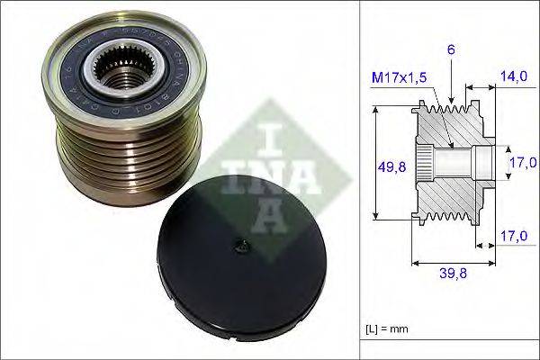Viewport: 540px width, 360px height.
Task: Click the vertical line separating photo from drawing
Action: coord(360,180)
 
